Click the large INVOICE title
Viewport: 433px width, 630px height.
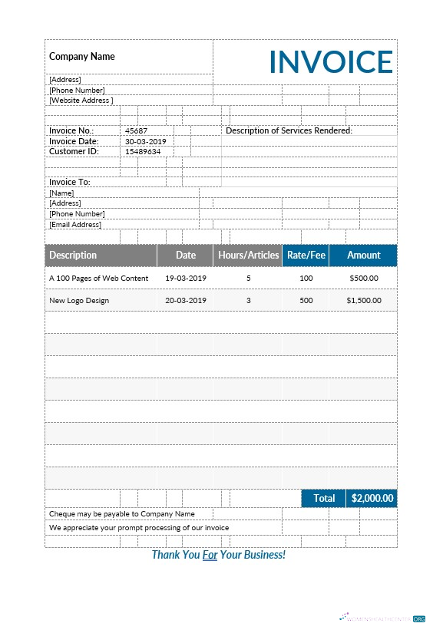(331, 61)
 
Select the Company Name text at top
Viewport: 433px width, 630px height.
(81, 56)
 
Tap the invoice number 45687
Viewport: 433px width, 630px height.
(136, 130)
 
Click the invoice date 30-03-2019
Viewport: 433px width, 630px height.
(145, 141)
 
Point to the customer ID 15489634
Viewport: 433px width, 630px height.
(143, 151)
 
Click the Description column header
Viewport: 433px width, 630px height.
(73, 255)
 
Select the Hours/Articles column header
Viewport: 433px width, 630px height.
(248, 255)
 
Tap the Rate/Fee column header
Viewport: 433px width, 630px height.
(306, 255)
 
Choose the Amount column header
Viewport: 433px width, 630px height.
(363, 255)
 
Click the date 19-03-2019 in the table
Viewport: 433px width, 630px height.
(186, 278)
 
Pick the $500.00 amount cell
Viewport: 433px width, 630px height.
(363, 278)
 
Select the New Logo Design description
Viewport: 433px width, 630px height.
(79, 300)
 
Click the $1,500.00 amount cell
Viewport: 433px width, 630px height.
(363, 300)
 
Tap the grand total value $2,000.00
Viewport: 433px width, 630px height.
(372, 498)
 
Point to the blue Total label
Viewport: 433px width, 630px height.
(324, 498)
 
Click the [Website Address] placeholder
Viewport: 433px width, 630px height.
(81, 100)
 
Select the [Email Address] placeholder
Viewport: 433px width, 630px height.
(75, 224)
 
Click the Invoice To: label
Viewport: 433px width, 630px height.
(70, 182)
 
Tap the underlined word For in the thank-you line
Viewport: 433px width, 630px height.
(210, 554)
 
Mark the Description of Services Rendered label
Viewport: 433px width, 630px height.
(289, 130)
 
